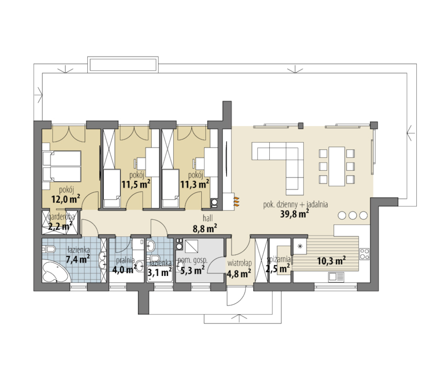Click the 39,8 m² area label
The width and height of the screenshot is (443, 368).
coord(294,213)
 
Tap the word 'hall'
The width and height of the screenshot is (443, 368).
coord(207,218)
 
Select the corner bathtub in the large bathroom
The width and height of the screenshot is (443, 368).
coord(56,272)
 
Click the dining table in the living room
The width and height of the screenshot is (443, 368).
coord(337,166)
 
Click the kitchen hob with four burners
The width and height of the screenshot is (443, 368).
coord(364,254)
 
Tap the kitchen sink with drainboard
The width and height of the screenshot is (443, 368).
coord(336,276)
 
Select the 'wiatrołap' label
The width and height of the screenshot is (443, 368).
coord(240,264)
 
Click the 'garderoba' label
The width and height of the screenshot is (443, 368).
coord(61,217)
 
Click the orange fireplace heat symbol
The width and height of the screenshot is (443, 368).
coord(236,201)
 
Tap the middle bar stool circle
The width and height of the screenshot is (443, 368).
coord(352,216)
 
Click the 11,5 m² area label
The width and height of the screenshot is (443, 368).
coord(136,184)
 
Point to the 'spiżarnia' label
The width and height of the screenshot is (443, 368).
coord(279,259)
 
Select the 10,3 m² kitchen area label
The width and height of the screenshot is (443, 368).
coord(331,261)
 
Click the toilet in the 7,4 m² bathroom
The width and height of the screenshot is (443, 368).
coord(49,250)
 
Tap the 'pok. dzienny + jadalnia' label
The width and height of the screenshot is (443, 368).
coord(296,204)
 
